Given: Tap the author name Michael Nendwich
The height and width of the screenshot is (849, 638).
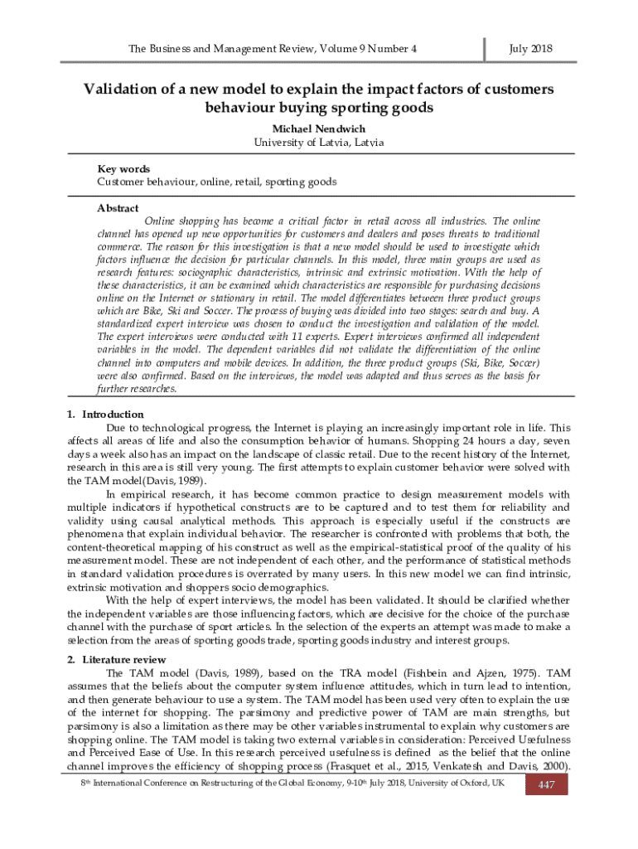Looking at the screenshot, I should click(x=318, y=129).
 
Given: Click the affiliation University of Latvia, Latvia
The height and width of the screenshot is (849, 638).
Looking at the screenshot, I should click(x=318, y=143).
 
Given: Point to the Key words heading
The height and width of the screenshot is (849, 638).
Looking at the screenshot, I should click(x=123, y=169).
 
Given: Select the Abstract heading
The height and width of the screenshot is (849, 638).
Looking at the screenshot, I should click(x=118, y=208).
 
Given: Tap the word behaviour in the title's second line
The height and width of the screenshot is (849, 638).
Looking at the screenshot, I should click(x=244, y=109).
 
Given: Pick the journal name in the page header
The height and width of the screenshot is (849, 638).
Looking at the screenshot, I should click(x=273, y=49).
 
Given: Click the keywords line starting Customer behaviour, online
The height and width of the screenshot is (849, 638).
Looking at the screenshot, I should click(x=216, y=182).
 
